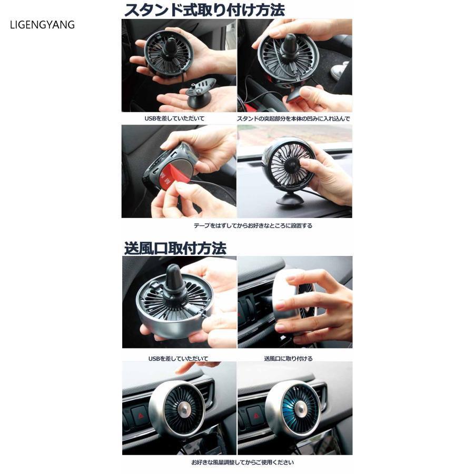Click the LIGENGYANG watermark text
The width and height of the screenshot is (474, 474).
(x=42, y=25)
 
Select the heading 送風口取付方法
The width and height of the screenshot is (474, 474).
(x=175, y=248)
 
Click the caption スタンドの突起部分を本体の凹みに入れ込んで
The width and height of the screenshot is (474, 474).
(x=293, y=118)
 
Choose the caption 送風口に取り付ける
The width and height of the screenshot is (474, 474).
(x=288, y=358)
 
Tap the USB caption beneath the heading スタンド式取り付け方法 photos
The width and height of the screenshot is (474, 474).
(x=174, y=118)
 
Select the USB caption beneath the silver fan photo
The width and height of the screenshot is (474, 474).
(x=178, y=358)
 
